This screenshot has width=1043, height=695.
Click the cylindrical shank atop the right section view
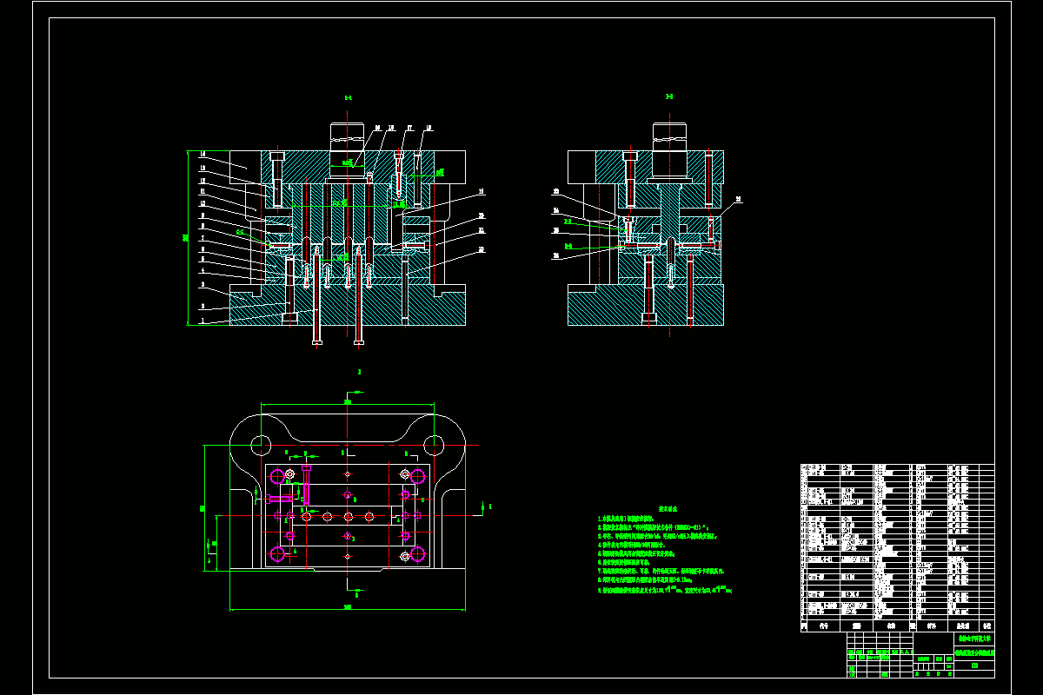click(670, 136)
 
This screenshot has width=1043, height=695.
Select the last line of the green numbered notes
click(666, 590)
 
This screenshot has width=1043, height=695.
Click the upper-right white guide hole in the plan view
click(432, 445)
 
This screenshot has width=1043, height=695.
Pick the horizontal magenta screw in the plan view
click(282, 498)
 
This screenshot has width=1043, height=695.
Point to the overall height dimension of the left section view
click(184, 237)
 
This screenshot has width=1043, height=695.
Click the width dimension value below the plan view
click(347, 606)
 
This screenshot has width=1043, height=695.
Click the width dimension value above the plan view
click(347, 402)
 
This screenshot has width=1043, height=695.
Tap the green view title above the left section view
click(348, 98)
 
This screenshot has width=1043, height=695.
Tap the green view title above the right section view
click(668, 96)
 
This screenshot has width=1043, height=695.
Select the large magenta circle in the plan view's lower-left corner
click(278, 553)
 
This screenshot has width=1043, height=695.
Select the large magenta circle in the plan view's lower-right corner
click(417, 553)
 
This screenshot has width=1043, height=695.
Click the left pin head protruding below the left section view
click(316, 342)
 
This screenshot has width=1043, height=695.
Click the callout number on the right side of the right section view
click(738, 200)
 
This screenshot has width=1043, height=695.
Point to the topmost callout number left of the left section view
click(203, 155)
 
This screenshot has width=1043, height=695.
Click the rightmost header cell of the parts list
click(986, 625)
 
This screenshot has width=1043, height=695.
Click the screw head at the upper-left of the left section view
click(277, 156)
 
